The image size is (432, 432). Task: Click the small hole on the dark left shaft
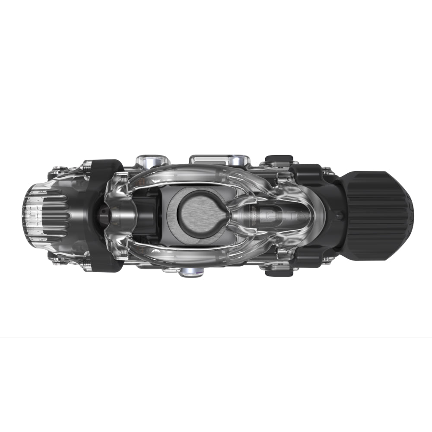105,213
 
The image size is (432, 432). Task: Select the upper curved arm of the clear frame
194,173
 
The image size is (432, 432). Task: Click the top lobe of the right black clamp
308,173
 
